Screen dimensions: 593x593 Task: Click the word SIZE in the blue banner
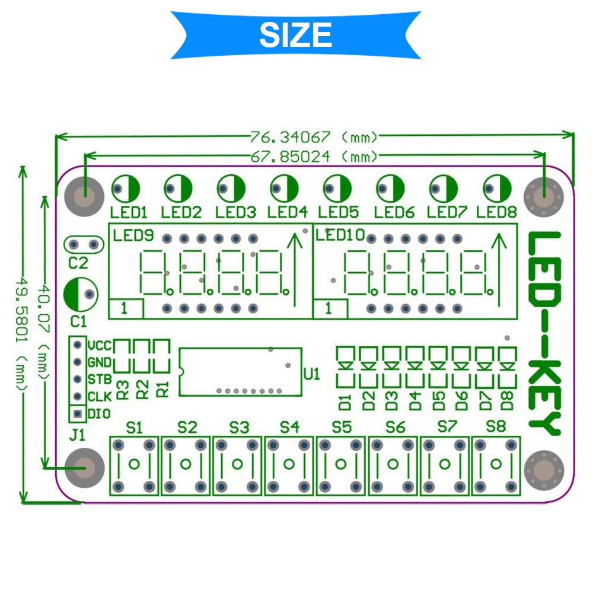click(295, 35)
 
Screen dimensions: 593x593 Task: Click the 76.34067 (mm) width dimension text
click(314, 137)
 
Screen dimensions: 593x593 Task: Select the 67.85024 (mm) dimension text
click(314, 156)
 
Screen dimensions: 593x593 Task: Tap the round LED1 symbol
click(126, 189)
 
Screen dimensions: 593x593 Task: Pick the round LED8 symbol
click(497, 189)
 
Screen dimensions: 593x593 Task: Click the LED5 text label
click(338, 212)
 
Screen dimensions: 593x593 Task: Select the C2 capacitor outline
click(84, 245)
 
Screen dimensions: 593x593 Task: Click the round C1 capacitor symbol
click(81, 295)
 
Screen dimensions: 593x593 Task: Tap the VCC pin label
click(100, 346)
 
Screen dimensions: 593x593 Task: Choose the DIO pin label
click(99, 414)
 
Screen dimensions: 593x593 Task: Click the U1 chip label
click(312, 374)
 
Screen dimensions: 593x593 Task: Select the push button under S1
click(134, 466)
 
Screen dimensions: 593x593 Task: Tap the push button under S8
click(496, 466)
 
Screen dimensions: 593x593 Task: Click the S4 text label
click(289, 428)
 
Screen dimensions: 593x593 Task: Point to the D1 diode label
click(345, 403)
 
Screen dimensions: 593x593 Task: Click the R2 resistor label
click(142, 390)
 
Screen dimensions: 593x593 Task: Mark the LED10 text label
click(340, 235)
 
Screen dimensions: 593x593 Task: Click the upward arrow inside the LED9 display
click(295, 270)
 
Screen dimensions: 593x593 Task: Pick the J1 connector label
click(77, 435)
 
